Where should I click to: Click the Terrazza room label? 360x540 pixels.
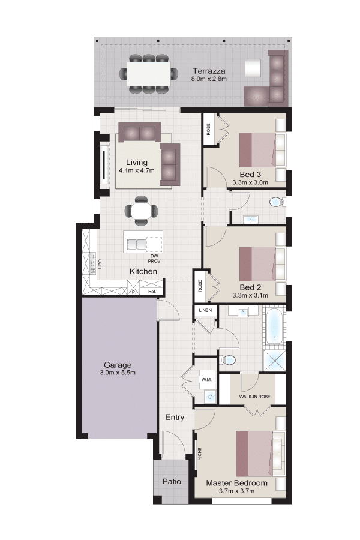tap(209, 71)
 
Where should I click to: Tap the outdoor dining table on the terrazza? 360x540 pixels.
tap(149, 74)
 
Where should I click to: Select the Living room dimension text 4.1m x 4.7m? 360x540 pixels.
tap(136, 170)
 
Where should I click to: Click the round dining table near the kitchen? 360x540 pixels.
tap(141, 211)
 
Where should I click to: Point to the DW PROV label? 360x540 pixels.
tap(154, 259)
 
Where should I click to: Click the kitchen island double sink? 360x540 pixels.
tap(137, 244)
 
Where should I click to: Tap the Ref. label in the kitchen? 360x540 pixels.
tap(152, 292)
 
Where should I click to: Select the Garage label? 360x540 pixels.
tap(118, 365)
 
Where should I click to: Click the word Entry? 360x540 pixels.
tap(175, 418)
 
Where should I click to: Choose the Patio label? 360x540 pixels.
tap(172, 481)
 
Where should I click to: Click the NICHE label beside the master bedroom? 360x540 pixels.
tap(200, 454)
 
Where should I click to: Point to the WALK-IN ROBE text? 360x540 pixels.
tap(254, 397)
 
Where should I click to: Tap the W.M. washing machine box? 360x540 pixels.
tap(206, 379)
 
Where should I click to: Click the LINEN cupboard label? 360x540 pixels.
tap(205, 310)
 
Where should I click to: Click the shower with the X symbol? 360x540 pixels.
tap(275, 361)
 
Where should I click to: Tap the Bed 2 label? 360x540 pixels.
tap(250, 287)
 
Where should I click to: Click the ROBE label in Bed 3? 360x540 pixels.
tap(209, 129)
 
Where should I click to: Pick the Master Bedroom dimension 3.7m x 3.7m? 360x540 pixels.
tap(236, 491)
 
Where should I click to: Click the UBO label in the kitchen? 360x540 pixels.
tap(100, 264)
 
